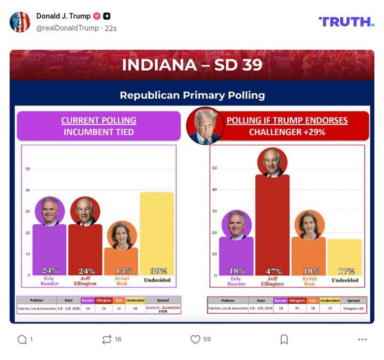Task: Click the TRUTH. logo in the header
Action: point(346,21)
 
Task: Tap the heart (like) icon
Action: point(195,339)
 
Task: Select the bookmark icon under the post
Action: point(284,339)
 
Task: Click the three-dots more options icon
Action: point(363,339)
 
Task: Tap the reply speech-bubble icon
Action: point(22,339)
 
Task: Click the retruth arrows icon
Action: point(107,339)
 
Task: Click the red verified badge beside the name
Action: point(97,16)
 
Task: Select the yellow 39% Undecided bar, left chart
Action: point(157,233)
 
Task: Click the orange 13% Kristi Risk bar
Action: point(121,260)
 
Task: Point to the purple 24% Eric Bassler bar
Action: point(49,249)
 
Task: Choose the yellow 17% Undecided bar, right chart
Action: point(345,256)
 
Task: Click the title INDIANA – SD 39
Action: point(192,65)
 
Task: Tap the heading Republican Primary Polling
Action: point(192,95)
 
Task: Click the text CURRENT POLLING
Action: point(99,121)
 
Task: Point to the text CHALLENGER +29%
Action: point(287,132)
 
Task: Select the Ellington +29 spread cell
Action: point(353,308)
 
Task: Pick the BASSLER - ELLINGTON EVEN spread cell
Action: point(163,309)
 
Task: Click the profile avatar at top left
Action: point(20,22)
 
